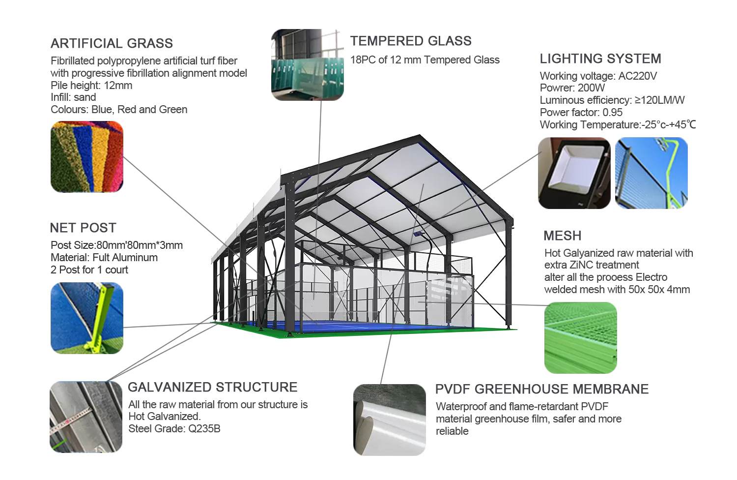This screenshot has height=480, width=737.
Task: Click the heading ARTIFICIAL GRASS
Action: click(x=112, y=44)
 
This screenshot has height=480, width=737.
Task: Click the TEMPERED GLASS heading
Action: click(x=411, y=41)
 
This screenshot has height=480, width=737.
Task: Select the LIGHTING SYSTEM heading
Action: click(x=600, y=59)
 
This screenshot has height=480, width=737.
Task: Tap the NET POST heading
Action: click(x=83, y=228)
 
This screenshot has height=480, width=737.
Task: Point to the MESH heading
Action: click(x=562, y=236)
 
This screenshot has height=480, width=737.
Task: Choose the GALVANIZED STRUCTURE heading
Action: click(x=212, y=388)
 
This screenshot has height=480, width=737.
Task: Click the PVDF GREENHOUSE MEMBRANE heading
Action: click(x=541, y=390)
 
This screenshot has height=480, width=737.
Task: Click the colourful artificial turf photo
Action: click(x=87, y=157)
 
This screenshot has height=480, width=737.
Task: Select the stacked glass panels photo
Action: click(x=308, y=64)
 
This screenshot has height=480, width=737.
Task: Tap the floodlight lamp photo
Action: click(x=574, y=173)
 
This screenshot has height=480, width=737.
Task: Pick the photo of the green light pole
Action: click(x=652, y=173)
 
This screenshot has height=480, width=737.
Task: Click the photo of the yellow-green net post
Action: click(x=87, y=318)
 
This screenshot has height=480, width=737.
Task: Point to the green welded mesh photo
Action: click(x=580, y=338)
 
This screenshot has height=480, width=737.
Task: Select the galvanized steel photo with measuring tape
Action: click(x=86, y=417)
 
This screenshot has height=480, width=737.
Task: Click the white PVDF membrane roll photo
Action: click(x=390, y=420)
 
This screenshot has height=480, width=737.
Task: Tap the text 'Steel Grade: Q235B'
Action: click(x=174, y=429)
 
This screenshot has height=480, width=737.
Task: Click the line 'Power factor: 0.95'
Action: click(x=581, y=113)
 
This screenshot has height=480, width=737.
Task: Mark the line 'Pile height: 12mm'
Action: click(x=91, y=86)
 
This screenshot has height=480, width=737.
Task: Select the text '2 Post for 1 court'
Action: click(x=89, y=270)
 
